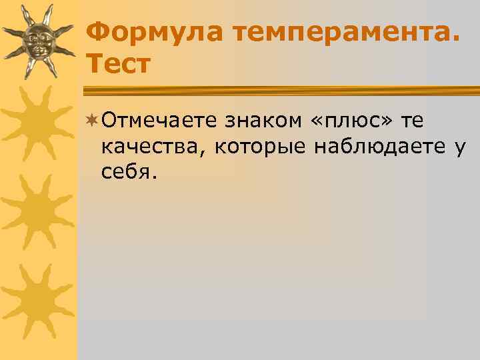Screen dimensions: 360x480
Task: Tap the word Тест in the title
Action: click(x=119, y=64)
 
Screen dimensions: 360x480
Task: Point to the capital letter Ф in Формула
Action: click(x=99, y=31)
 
